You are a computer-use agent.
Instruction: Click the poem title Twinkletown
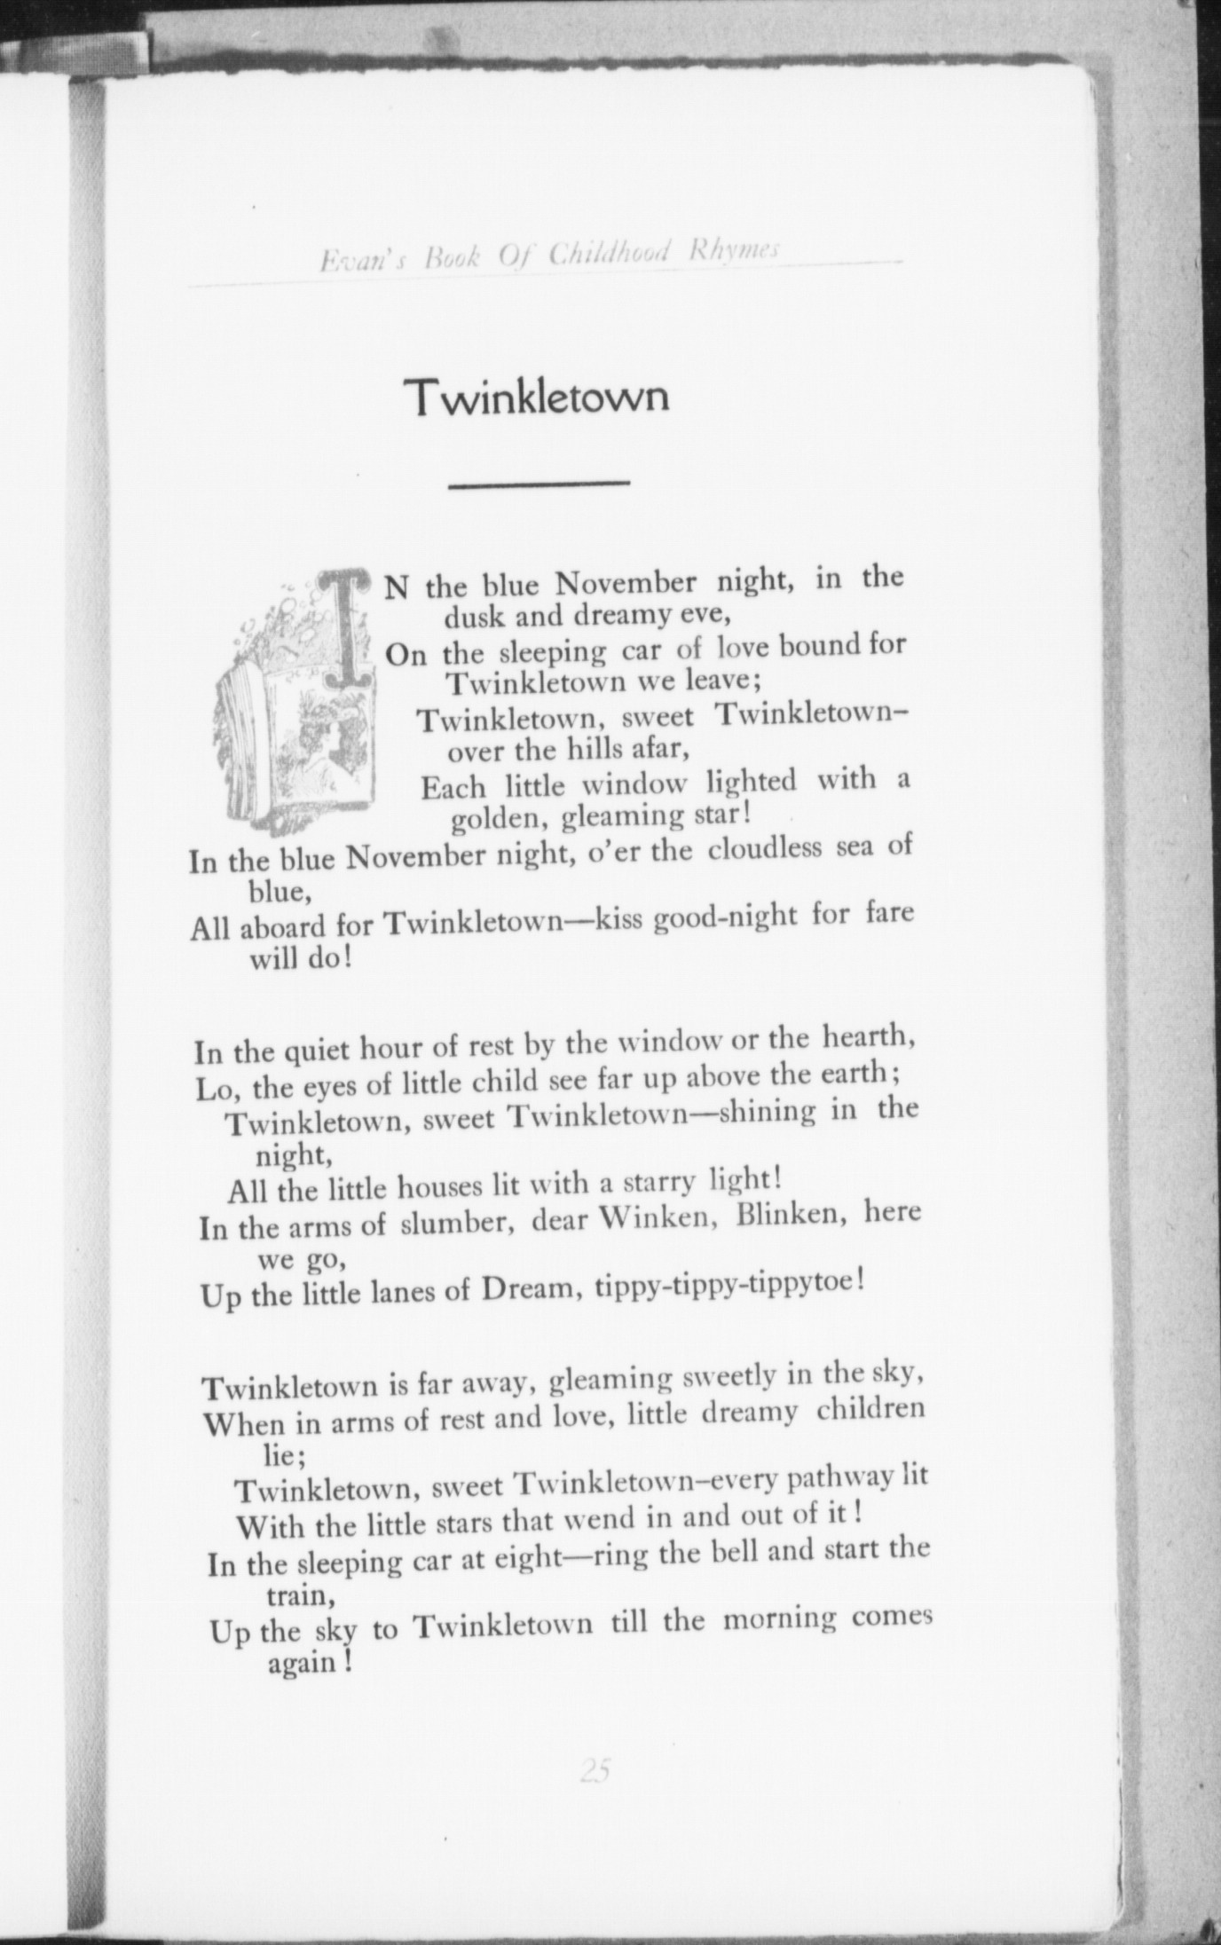point(537,398)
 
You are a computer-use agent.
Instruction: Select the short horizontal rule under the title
point(539,484)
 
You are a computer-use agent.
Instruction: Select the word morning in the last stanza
point(779,1618)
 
